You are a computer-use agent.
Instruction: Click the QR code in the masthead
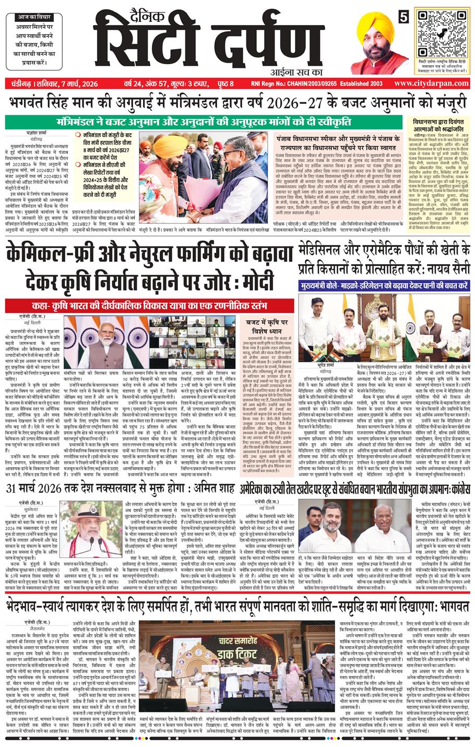(441, 33)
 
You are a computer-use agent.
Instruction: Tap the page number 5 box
(403, 17)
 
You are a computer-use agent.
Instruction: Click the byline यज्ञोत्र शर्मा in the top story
(29, 133)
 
